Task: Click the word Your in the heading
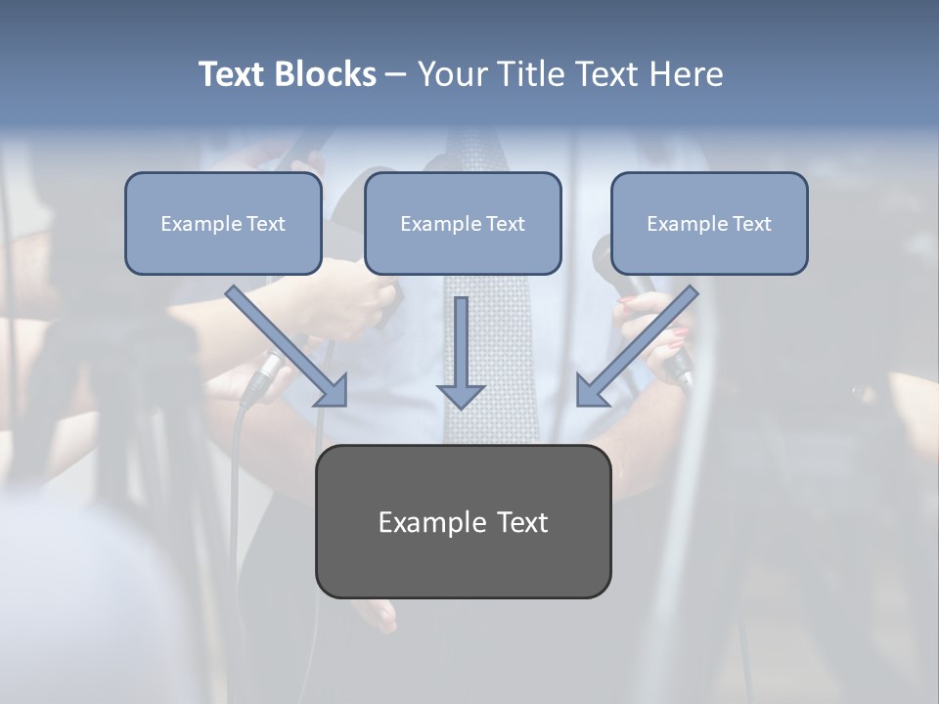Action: click(x=453, y=74)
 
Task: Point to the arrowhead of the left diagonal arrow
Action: click(x=332, y=390)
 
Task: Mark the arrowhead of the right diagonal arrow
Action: click(x=591, y=390)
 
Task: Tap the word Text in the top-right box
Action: click(x=751, y=224)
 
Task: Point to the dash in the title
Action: click(x=396, y=75)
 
